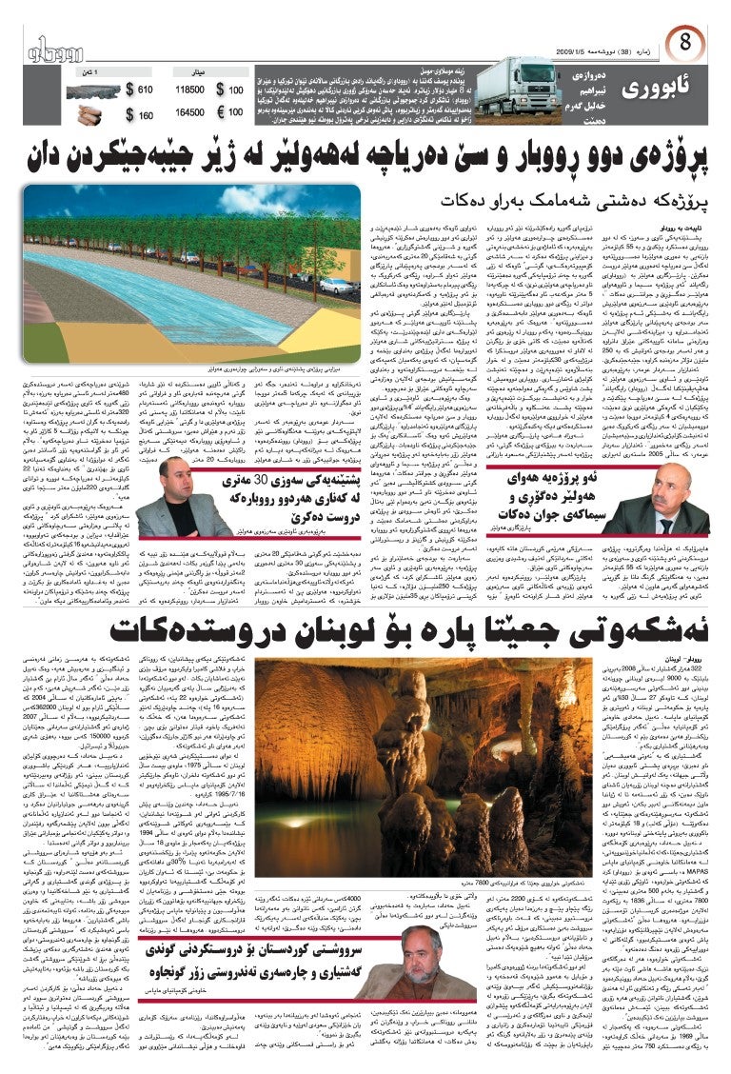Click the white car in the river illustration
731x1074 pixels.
(335, 284)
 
